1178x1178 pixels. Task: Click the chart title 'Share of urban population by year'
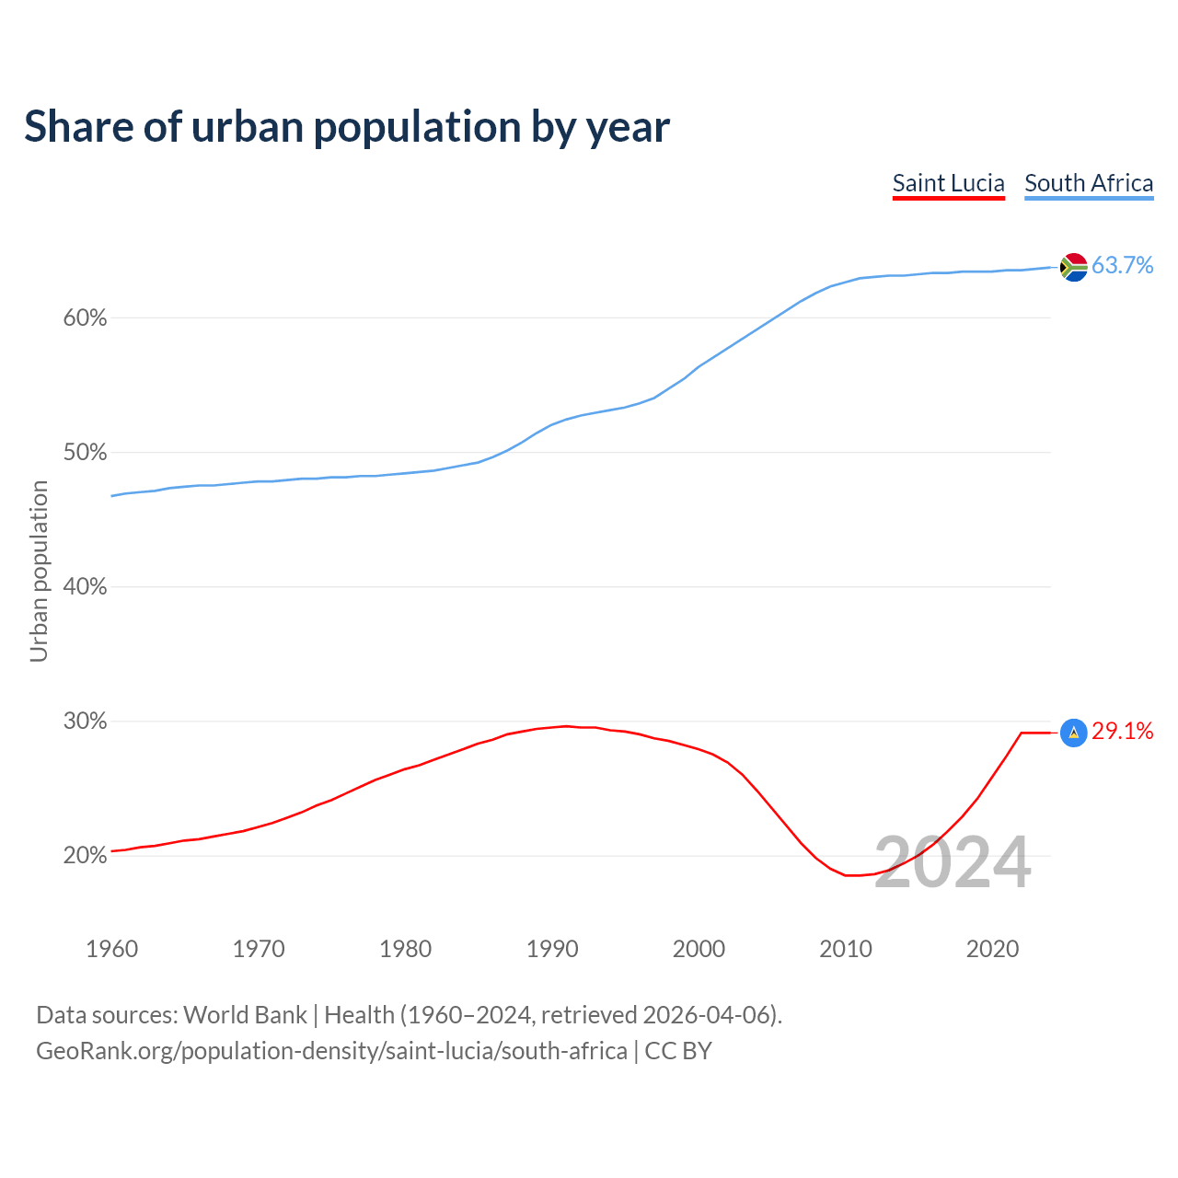click(347, 126)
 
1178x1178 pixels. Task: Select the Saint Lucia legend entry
click(948, 183)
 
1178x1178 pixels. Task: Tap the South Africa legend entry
click(1089, 183)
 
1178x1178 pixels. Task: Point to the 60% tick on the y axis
click(85, 318)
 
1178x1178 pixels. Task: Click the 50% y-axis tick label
click(85, 453)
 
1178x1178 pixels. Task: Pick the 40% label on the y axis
click(85, 587)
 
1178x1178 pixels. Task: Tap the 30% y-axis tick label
click(85, 722)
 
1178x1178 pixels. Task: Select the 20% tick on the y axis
click(85, 856)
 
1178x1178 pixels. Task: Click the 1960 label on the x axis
click(112, 949)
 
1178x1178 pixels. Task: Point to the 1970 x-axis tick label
click(259, 949)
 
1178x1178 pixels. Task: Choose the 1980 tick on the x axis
click(406, 949)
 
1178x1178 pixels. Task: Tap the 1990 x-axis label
click(552, 949)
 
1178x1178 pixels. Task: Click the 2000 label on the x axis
click(699, 949)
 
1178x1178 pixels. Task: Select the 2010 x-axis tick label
click(846, 949)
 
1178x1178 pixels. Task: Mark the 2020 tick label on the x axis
click(992, 949)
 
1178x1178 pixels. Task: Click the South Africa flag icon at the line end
click(1073, 267)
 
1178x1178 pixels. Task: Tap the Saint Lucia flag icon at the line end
click(1073, 733)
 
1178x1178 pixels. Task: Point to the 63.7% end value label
click(1123, 266)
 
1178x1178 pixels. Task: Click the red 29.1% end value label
click(1123, 732)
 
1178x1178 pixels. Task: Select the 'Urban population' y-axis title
click(39, 571)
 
